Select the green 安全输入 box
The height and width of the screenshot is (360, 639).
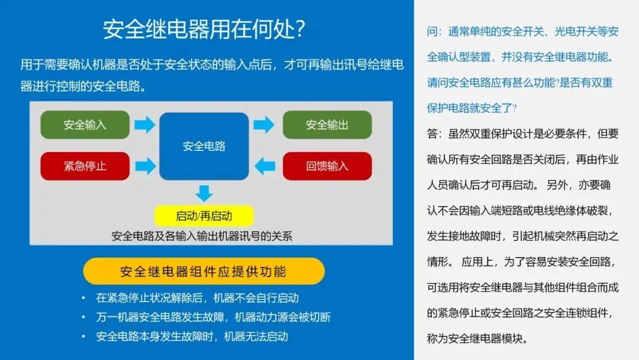pyautogui.click(x=85, y=125)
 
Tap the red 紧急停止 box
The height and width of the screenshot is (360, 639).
pyautogui.click(x=85, y=166)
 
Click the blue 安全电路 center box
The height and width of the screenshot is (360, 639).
pyautogui.click(x=204, y=146)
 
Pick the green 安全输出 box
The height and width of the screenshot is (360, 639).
pyautogui.click(x=327, y=125)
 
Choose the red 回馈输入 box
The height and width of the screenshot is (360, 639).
pyautogui.click(x=327, y=166)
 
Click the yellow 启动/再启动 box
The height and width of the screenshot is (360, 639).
pyautogui.click(x=204, y=216)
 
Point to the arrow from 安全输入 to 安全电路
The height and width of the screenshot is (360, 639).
pyautogui.click(x=144, y=125)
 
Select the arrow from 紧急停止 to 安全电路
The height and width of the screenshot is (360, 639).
pyautogui.click(x=144, y=166)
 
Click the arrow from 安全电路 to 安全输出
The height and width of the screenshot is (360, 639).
pyautogui.click(x=264, y=125)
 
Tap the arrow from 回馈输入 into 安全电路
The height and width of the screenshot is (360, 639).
pyautogui.click(x=264, y=166)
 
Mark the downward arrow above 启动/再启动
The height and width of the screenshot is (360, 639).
pyautogui.click(x=204, y=193)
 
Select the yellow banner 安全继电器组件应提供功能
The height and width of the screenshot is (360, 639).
pyautogui.click(x=204, y=271)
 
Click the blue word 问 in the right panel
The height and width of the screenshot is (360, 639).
pyautogui.click(x=432, y=32)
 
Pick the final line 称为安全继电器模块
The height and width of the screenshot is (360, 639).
pyautogui.click(x=477, y=339)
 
